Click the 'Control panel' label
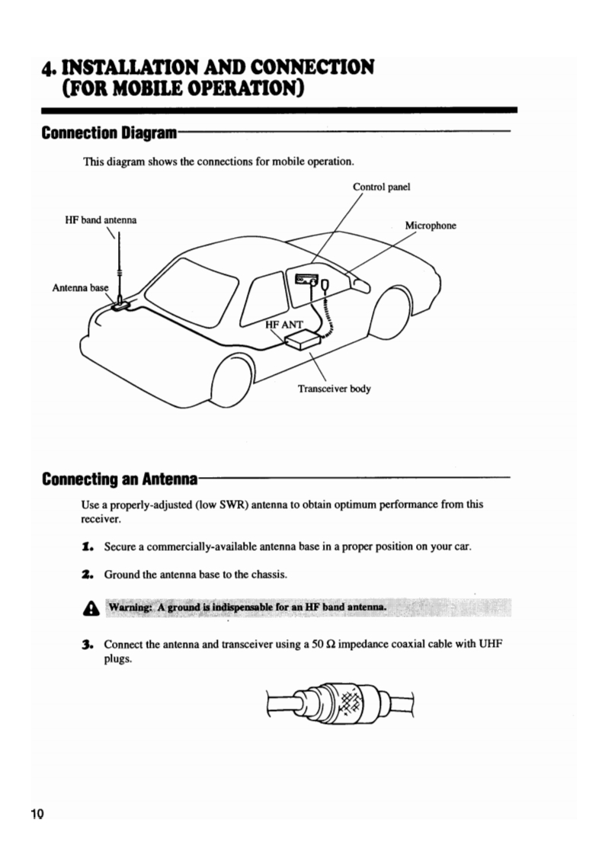(x=382, y=186)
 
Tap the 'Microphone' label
(x=430, y=226)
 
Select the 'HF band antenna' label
(x=101, y=221)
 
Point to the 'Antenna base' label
(x=81, y=288)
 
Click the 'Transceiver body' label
(x=334, y=389)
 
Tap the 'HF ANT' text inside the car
(x=284, y=325)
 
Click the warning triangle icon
(x=88, y=608)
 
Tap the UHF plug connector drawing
(x=340, y=704)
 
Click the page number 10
(x=37, y=814)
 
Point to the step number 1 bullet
(x=88, y=547)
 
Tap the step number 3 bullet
(x=88, y=644)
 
